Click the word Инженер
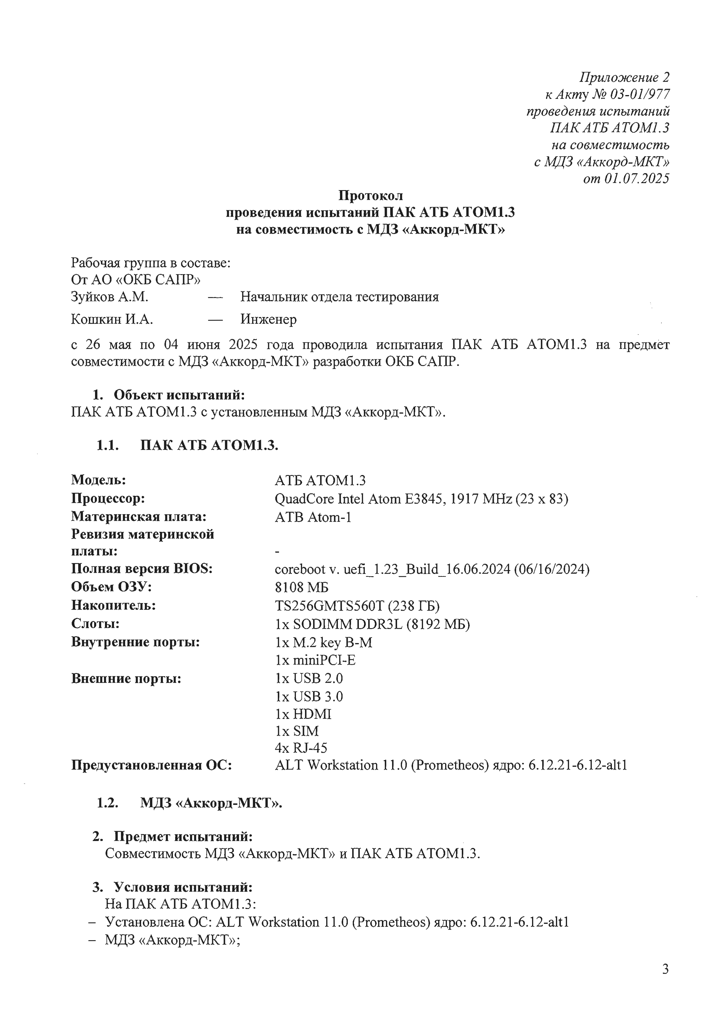(x=268, y=319)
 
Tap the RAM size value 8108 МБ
(x=301, y=587)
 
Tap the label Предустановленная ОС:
(x=152, y=766)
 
